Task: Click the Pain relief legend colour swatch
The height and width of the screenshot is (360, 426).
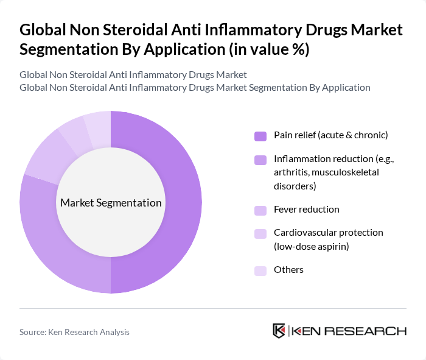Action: coord(260,136)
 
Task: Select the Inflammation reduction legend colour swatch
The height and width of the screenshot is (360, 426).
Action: coord(260,160)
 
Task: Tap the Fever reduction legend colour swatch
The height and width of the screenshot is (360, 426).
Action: coord(260,210)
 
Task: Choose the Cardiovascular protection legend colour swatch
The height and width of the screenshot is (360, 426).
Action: coord(260,233)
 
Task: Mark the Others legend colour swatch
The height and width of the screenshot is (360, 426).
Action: coord(260,270)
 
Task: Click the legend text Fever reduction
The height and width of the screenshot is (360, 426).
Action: coord(307,210)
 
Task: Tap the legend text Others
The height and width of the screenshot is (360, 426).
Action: coord(288,270)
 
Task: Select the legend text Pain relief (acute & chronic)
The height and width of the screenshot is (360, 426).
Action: coord(330,135)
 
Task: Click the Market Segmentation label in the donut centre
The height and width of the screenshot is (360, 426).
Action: coord(111,203)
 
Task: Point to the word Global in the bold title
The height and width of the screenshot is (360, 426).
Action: coord(43,30)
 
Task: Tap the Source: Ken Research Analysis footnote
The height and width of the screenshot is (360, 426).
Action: coord(74,332)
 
